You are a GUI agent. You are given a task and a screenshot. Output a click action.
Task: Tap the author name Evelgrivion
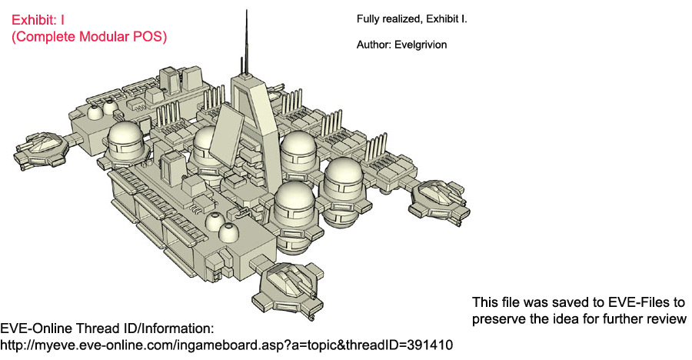click(421, 45)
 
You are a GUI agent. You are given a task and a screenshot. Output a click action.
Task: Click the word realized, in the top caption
click(401, 19)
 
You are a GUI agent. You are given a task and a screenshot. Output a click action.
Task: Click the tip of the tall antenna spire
click(246, 11)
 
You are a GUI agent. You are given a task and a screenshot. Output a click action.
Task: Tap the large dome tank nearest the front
click(294, 216)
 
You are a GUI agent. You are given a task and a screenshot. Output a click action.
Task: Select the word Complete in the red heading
click(42, 37)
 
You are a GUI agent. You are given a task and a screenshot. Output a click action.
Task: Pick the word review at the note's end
click(666, 319)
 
